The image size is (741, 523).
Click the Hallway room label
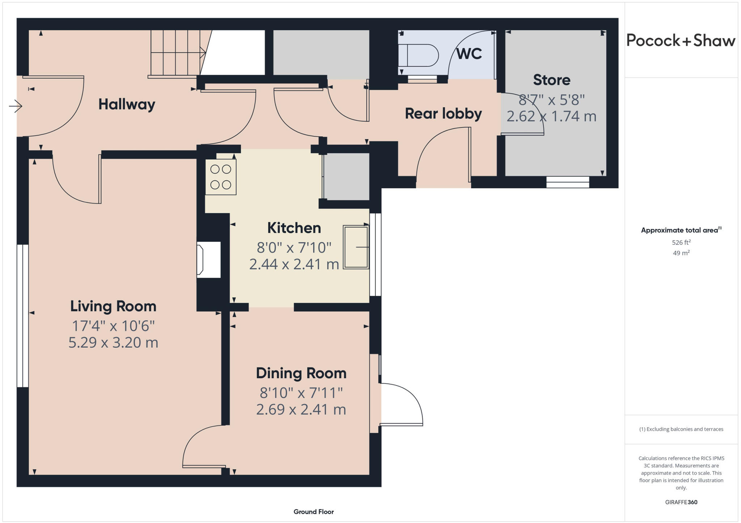coord(127,104)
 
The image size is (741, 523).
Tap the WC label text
coord(469,54)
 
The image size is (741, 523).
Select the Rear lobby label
coord(443,113)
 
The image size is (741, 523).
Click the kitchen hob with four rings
coord(221,177)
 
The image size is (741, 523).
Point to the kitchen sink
coord(356,247)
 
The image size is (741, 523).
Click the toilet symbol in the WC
coord(418,55)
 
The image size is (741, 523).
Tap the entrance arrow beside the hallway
coord(16,106)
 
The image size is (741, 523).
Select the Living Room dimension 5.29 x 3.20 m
coord(113,342)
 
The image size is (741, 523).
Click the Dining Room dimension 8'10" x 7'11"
coord(301,392)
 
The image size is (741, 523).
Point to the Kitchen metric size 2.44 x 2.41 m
coord(294,264)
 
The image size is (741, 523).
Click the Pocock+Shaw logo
coord(681,40)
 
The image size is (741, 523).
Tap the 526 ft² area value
coord(681,242)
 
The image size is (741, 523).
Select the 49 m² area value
coord(681,253)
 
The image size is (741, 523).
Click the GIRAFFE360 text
coord(681,502)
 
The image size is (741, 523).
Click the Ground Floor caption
coord(313,511)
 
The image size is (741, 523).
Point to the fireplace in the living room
coord(208,260)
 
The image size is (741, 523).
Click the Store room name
coord(551,80)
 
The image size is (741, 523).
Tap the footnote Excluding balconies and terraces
coord(681,429)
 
